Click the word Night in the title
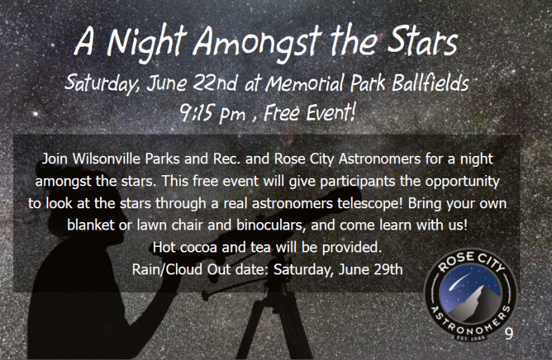(x=146, y=44)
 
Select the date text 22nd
(x=215, y=83)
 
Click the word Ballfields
(x=430, y=83)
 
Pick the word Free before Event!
(x=282, y=112)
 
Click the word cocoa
(x=198, y=248)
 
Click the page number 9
(x=509, y=333)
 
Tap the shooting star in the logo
(x=460, y=281)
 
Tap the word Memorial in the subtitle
(x=305, y=83)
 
